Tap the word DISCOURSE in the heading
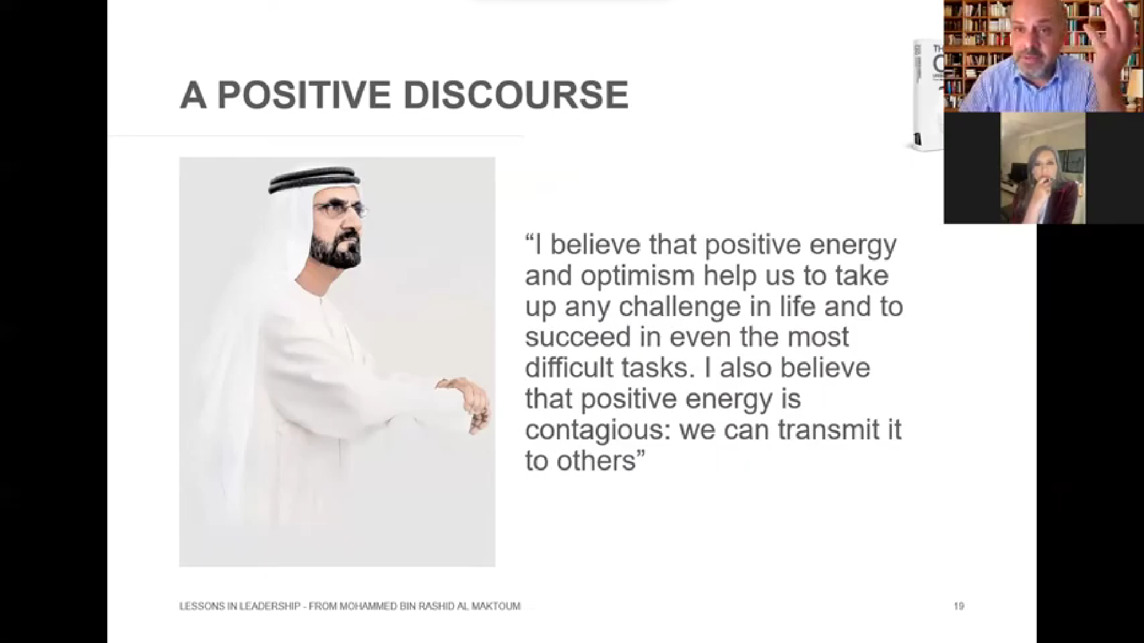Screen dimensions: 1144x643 click(x=516, y=95)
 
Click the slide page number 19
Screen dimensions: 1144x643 click(x=959, y=606)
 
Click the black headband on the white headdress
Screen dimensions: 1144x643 click(x=315, y=180)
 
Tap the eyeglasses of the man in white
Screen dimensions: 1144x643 click(x=341, y=209)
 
